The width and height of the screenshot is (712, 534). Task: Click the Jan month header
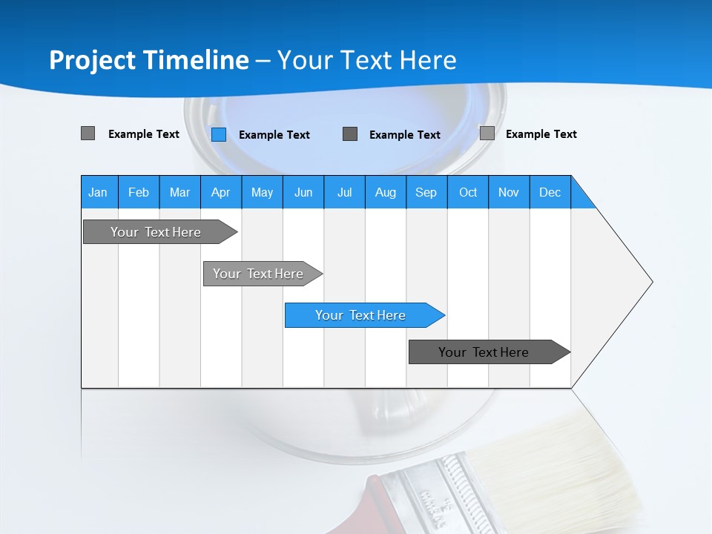tap(99, 192)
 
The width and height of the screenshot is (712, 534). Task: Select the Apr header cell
tap(220, 192)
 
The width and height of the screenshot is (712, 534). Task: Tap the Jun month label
tap(303, 192)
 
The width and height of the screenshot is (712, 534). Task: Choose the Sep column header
tap(426, 192)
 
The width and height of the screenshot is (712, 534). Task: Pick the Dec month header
tap(550, 192)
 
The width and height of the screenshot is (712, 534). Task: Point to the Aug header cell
tap(385, 192)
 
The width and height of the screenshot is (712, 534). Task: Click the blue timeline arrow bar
tap(361, 315)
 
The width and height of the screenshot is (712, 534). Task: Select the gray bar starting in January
tap(156, 232)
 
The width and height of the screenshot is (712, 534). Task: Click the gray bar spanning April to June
tap(259, 274)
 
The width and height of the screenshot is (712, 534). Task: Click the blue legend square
tap(219, 134)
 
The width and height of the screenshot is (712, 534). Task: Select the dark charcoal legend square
tap(350, 134)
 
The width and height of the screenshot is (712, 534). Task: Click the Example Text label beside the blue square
tap(274, 135)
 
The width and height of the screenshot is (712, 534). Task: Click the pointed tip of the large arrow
tap(650, 282)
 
